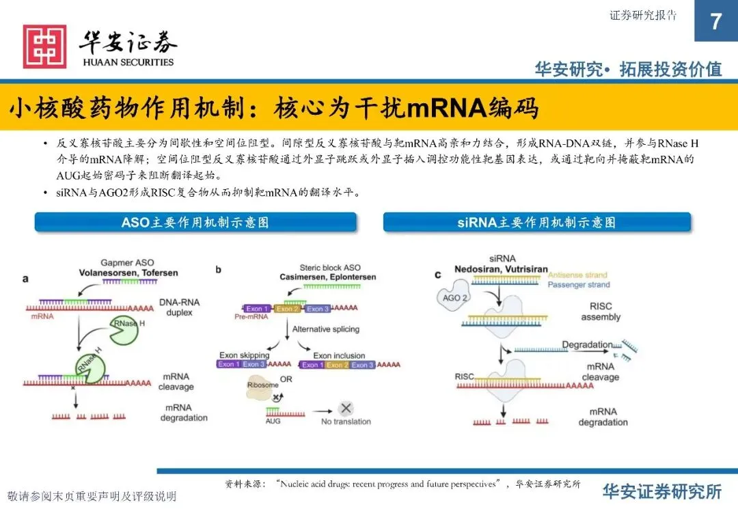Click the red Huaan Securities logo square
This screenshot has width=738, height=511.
(45, 46)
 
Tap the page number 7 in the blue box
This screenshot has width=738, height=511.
(715, 22)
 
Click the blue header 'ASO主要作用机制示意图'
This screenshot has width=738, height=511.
(195, 223)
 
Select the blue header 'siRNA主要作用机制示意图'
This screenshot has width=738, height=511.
(536, 223)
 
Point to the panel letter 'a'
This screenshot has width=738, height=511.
(25, 278)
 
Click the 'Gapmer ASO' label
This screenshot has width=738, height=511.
(127, 263)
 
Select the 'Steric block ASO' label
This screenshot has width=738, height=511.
(330, 268)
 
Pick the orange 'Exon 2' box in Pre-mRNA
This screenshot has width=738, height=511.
(287, 309)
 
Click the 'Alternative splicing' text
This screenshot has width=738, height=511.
(325, 329)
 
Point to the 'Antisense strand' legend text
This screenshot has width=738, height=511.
(578, 275)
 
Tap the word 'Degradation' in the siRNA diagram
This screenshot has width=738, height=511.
(587, 346)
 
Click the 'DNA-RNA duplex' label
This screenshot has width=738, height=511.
(176, 307)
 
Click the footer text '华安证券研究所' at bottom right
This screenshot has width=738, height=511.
(661, 491)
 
